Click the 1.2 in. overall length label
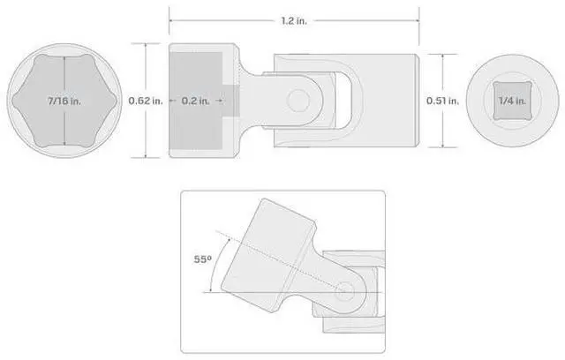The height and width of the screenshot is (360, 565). (294, 21)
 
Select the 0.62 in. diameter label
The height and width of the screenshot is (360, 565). (146, 101)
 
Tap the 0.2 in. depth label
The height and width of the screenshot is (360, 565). (195, 101)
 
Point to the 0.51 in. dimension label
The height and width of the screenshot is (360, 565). (443, 101)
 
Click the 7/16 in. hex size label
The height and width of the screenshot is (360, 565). (64, 101)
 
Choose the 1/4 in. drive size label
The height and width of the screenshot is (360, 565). (512, 101)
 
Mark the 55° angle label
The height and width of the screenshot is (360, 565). (202, 259)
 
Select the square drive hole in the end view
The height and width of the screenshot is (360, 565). (512, 101)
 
